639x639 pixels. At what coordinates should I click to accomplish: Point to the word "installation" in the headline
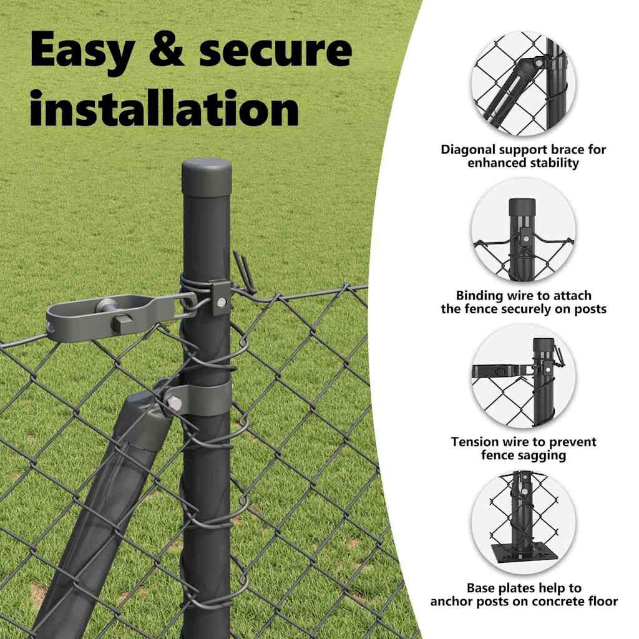pyautogui.click(x=165, y=108)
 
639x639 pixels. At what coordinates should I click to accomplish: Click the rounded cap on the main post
pyautogui.click(x=207, y=176)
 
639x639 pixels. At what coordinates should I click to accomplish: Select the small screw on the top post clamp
pyautogui.click(x=222, y=302)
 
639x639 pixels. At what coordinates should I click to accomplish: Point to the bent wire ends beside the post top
pyautogui.click(x=245, y=271)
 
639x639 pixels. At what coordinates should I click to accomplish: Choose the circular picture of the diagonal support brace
pyautogui.click(x=524, y=84)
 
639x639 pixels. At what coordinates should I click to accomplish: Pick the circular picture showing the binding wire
pyautogui.click(x=524, y=230)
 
